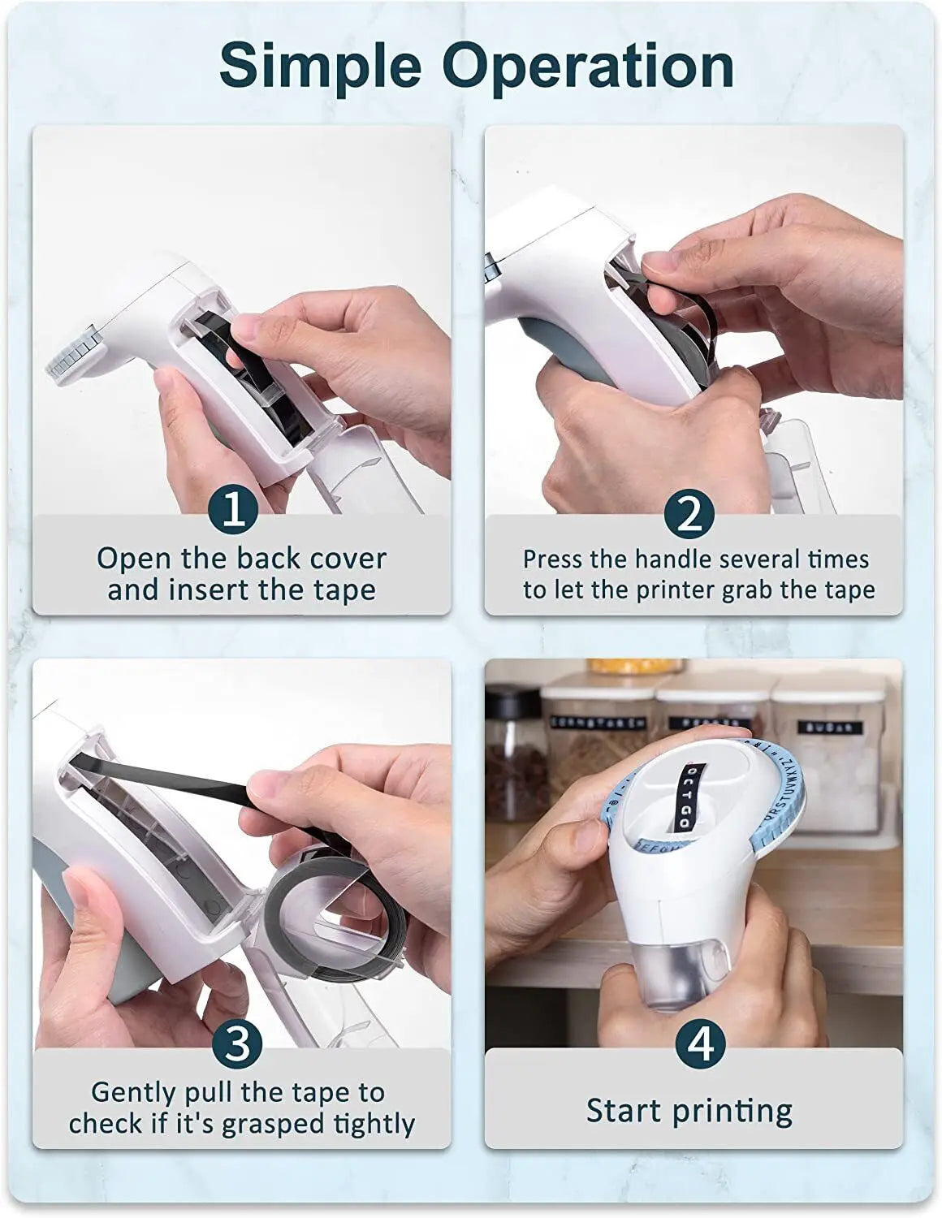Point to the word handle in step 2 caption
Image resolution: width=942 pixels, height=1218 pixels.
(x=673, y=559)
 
